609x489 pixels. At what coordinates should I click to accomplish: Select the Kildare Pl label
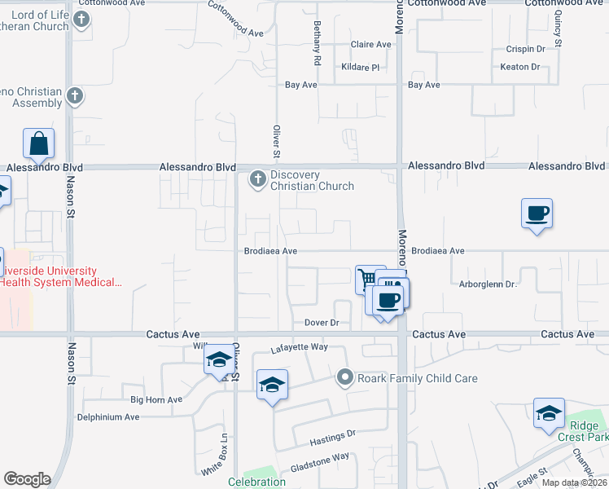[x=361, y=67]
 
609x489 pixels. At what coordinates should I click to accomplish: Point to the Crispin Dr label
[x=524, y=49]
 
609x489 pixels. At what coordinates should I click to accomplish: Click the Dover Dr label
[x=322, y=323]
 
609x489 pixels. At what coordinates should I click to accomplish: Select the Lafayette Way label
[x=299, y=347]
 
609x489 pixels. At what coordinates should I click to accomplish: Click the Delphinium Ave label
[x=108, y=416]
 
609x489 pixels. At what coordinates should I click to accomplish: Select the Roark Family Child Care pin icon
[x=345, y=377]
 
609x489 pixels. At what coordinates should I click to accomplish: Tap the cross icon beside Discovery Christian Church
[x=258, y=178]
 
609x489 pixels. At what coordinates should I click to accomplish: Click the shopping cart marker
[x=369, y=279]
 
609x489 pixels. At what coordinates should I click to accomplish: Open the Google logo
[x=27, y=479]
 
